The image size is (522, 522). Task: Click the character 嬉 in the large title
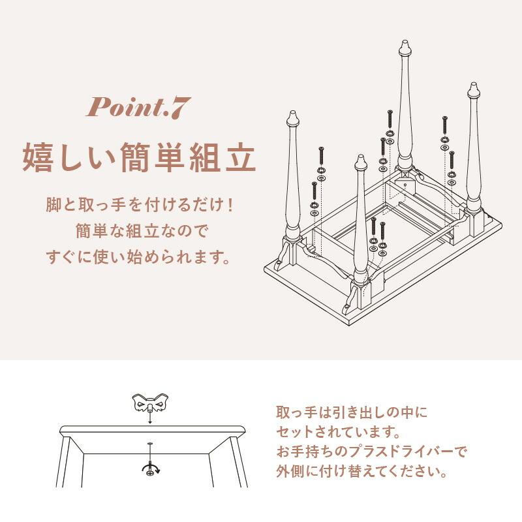tap(41, 158)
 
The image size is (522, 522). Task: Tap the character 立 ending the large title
tap(236, 158)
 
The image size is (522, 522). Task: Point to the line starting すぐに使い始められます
tap(139, 256)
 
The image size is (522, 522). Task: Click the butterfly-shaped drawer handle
tap(149, 405)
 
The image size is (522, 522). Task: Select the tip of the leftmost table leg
tap(292, 118)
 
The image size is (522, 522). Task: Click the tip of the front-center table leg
tap(360, 160)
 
